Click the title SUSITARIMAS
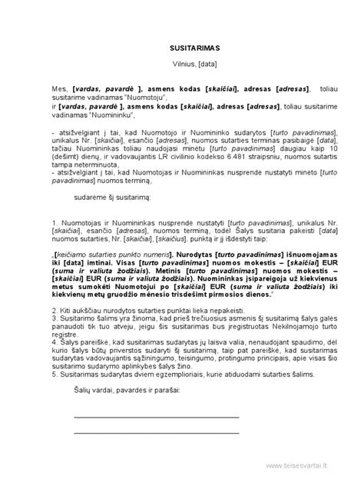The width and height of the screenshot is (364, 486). tap(181, 47)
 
